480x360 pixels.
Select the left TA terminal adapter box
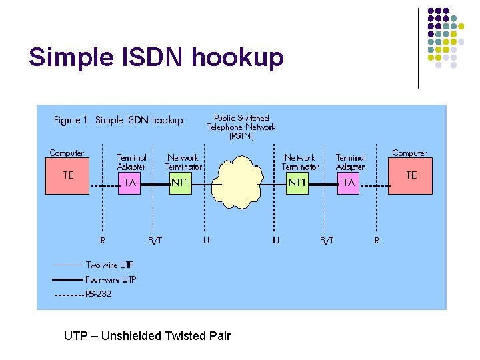tap(130, 183)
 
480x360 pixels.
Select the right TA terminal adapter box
tap(349, 183)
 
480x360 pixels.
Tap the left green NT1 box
tap(180, 183)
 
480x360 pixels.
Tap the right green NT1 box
tap(297, 183)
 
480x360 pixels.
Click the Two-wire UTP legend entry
tap(109, 265)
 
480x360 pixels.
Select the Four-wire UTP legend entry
tap(110, 279)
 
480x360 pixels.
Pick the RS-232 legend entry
tap(98, 294)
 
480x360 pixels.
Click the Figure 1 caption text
tap(118, 121)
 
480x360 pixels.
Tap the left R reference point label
tap(102, 240)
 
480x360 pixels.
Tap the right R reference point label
tap(377, 240)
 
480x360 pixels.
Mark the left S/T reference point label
tap(154, 240)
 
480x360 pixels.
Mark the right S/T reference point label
tap(327, 240)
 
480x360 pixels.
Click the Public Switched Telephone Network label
tap(241, 127)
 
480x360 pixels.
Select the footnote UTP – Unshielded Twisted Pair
tap(147, 336)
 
